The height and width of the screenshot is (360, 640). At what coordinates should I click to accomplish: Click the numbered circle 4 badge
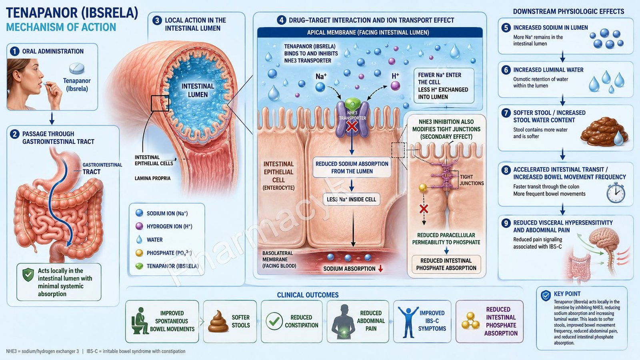[281, 20]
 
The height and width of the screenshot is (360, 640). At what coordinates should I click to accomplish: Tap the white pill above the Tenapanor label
[76, 68]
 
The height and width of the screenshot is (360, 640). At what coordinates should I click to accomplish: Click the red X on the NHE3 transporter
[352, 126]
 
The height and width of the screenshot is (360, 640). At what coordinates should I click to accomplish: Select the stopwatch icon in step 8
[616, 192]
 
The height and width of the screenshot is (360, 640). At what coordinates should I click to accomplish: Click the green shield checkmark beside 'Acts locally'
[28, 274]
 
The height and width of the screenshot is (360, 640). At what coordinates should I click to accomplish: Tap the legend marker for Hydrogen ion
[139, 226]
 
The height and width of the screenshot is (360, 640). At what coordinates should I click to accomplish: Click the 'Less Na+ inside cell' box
[352, 200]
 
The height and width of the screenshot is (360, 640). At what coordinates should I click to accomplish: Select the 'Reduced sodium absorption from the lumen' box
[352, 168]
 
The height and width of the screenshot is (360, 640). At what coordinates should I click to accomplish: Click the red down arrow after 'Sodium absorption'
[380, 268]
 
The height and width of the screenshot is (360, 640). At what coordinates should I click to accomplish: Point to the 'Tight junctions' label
[472, 180]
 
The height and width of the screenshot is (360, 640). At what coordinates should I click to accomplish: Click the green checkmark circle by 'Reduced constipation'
[274, 321]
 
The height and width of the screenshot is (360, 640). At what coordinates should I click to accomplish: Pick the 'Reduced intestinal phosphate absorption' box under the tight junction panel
[446, 264]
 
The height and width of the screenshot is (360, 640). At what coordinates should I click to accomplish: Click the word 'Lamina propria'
[152, 178]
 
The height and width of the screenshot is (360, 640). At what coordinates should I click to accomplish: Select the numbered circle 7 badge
[506, 113]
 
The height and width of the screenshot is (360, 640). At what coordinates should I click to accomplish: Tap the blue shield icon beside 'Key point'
[546, 296]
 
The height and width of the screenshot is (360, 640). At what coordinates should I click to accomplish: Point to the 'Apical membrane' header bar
[370, 32]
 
